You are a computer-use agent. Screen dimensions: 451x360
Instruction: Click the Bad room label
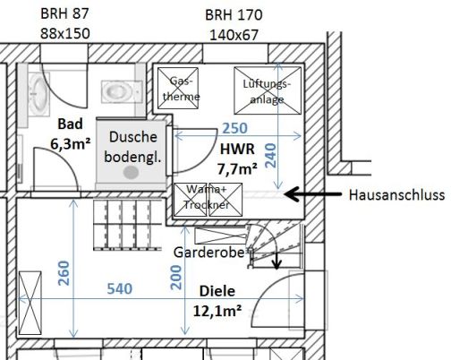[x=70, y=124]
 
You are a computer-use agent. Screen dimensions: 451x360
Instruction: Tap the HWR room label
[x=237, y=149]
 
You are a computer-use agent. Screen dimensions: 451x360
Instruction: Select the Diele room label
[x=217, y=291]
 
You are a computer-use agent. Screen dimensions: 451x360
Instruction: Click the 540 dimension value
[x=120, y=288]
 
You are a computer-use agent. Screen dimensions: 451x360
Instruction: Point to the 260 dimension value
[x=64, y=273]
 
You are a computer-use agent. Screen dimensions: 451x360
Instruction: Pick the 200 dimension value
[x=176, y=278]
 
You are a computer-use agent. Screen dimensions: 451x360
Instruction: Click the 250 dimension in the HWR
[x=235, y=128]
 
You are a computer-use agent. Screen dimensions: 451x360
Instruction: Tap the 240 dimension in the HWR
[x=271, y=156]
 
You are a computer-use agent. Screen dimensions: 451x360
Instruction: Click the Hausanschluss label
[x=396, y=195]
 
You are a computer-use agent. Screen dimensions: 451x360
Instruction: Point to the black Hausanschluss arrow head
[x=291, y=194]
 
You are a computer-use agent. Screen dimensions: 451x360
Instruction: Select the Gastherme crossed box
[x=178, y=88]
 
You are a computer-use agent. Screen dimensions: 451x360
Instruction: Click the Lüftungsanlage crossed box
[x=268, y=90]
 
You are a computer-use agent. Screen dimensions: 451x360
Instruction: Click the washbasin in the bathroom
[x=38, y=95]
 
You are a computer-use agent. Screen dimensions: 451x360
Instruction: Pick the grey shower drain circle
[x=131, y=173]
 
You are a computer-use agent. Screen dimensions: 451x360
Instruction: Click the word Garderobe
[x=209, y=253]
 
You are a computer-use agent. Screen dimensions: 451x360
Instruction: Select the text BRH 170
[x=234, y=15]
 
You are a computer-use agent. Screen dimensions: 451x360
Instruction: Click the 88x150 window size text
[x=65, y=33]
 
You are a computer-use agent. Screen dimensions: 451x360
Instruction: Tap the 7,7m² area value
[x=237, y=169]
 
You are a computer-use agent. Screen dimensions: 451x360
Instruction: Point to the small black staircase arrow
[x=277, y=261]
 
